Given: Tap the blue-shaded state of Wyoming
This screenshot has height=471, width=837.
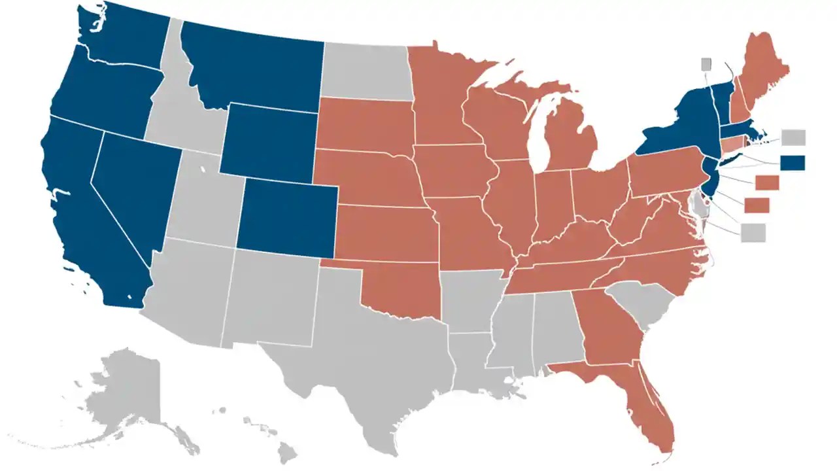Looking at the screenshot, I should click(268, 141).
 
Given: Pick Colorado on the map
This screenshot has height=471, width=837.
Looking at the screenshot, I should click(288, 219).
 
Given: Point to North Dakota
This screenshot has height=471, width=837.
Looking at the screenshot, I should click(366, 72).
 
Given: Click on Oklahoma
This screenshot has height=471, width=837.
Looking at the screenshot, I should click(405, 288).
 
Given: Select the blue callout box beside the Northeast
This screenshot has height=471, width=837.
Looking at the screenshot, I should click(793, 162).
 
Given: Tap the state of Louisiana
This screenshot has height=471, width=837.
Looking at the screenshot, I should click(471, 360).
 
